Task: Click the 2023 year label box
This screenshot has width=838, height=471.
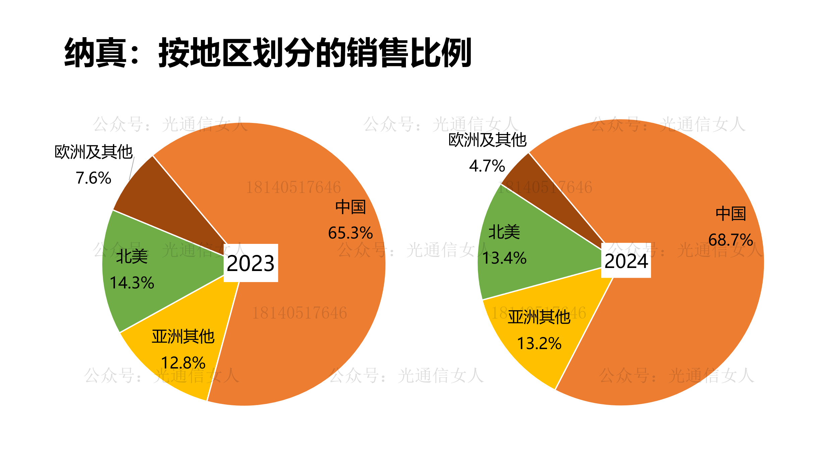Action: tap(251, 263)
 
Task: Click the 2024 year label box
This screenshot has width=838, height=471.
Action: tap(626, 261)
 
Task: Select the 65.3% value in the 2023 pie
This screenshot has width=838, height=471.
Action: tap(350, 233)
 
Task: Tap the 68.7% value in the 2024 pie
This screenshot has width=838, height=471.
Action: tap(730, 240)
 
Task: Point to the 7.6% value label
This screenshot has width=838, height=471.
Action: tap(94, 178)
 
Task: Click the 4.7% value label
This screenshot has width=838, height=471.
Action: tap(487, 166)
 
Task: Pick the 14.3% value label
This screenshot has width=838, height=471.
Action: tap(132, 283)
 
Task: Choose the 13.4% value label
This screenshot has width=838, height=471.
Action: tap(504, 258)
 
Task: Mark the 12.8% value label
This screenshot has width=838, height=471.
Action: tap(183, 363)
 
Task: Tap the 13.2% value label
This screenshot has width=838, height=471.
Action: tap(539, 343)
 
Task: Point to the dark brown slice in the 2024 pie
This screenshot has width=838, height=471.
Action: tap(543, 188)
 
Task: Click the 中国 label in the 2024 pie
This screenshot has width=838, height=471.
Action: tap(731, 214)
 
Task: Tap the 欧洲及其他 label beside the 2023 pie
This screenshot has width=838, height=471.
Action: tap(94, 152)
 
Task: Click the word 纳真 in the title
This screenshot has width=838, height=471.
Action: tap(96, 53)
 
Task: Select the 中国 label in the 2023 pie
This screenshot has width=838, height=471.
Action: tap(350, 207)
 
